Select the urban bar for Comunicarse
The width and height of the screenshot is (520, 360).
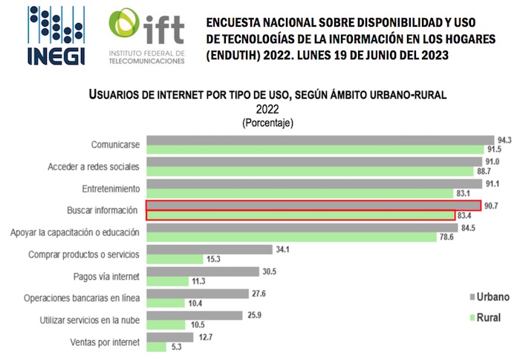point(320,140)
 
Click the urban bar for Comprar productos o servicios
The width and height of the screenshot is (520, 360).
point(209,249)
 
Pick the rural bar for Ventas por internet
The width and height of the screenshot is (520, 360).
point(157,346)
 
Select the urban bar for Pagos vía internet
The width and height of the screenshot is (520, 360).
point(203,272)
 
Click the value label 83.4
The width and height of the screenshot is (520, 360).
point(464,216)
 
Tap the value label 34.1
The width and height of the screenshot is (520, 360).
point(282,249)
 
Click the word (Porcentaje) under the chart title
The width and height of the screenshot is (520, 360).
point(267,122)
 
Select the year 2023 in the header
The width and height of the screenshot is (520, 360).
point(432,56)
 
